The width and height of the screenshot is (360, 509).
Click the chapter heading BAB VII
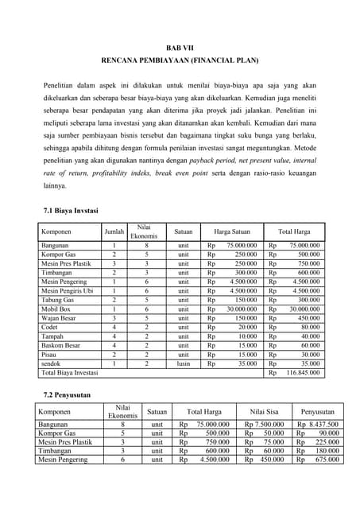point(180,48)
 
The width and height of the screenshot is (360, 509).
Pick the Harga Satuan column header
point(233,231)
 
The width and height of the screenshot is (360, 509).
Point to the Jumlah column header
point(114,231)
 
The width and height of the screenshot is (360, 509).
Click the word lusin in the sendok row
point(184,363)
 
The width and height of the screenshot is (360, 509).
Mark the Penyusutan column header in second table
point(318,411)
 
